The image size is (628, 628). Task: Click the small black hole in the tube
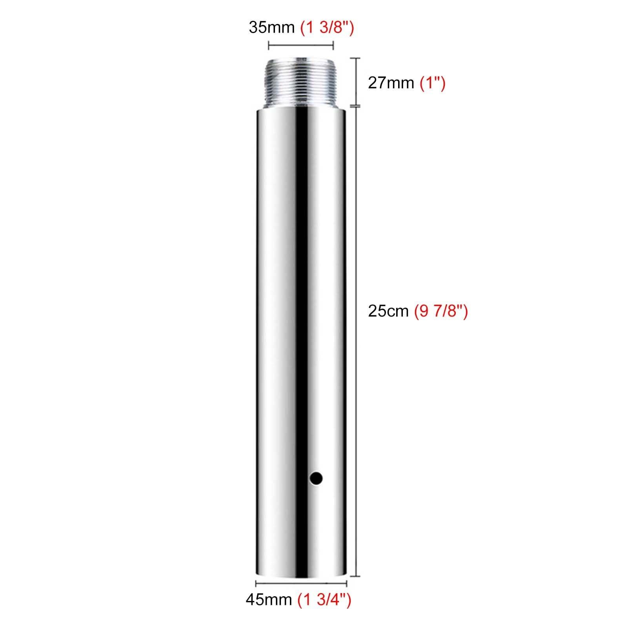tap(316, 478)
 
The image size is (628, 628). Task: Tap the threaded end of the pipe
tap(301, 84)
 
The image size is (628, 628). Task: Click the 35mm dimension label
tap(271, 27)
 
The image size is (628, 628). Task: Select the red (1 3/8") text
tap(327, 27)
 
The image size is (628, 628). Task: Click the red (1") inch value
tap(432, 83)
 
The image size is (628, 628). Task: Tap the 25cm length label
tap(388, 311)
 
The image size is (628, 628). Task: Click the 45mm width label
tap(269, 611)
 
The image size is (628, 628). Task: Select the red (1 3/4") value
tap(324, 611)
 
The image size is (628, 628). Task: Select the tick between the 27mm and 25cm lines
tap(356, 106)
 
